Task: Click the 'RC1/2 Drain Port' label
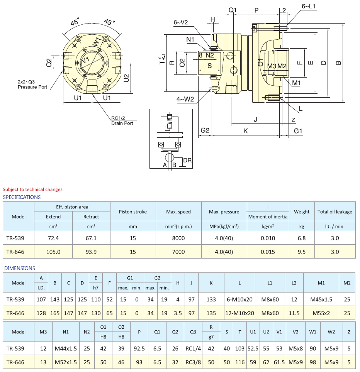tap(122, 121)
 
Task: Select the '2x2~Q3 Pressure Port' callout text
tap(32, 85)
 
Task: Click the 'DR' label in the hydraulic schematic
tap(187, 160)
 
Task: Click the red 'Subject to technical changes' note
tap(32, 189)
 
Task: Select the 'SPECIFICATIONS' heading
tap(22, 197)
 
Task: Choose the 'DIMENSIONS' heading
tap(19, 268)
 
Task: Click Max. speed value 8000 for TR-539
tap(178, 238)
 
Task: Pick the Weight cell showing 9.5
tap(302, 252)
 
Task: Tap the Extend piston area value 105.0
tap(53, 252)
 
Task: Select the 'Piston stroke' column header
tap(133, 212)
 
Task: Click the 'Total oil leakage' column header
tap(335, 212)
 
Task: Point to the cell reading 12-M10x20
tap(239, 313)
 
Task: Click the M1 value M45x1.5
tap(321, 299)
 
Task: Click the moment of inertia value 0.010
tap(268, 238)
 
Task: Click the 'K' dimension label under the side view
tap(246, 131)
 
